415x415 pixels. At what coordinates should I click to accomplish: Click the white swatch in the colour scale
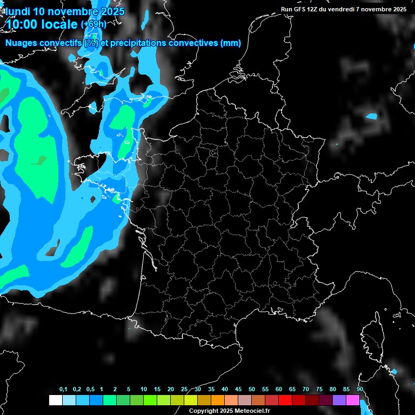click(x=55, y=400)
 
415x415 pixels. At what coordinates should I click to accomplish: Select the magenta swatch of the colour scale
click(x=353, y=400)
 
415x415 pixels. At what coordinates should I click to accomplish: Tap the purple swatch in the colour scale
click(x=339, y=400)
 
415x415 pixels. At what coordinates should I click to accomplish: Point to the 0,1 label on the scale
click(x=63, y=390)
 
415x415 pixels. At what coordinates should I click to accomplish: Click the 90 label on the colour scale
click(x=359, y=390)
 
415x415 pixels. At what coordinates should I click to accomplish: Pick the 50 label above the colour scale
click(x=252, y=390)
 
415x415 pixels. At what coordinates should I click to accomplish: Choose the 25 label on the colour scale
click(x=184, y=390)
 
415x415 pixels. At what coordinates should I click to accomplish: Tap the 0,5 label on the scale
click(x=90, y=390)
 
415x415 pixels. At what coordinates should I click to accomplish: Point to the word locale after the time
click(x=60, y=24)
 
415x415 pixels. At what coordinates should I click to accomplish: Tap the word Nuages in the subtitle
click(x=20, y=43)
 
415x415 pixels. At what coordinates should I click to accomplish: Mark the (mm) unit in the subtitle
click(x=231, y=43)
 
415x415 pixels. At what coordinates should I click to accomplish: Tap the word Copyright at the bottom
click(x=203, y=411)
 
